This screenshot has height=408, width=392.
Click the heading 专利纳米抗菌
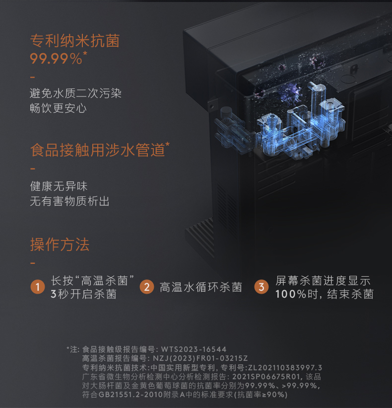75,41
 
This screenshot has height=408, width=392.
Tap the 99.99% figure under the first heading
56,59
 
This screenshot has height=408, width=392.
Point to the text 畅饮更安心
59,107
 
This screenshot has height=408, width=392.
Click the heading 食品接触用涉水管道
98,150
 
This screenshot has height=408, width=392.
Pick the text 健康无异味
59,187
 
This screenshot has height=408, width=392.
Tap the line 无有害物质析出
70,201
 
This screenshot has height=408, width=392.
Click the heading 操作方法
60,245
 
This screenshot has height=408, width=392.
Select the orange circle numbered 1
38,287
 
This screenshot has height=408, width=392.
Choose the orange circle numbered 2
146,287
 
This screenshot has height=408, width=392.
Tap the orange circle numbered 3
261,287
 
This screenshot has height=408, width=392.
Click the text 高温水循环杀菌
201,287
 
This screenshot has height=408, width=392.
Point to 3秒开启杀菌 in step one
83,294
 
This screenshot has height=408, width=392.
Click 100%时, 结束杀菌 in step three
325,294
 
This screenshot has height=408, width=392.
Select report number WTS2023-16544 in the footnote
194,349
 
